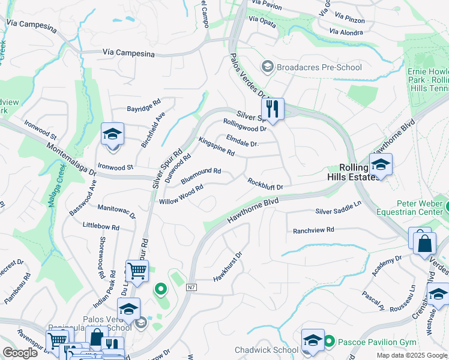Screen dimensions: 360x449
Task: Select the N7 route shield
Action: (191, 288)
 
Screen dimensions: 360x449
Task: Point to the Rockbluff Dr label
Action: (265, 183)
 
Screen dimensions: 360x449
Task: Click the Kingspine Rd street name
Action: (216, 147)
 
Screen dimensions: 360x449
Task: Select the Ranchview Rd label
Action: (313, 230)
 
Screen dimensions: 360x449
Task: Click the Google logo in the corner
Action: (20, 353)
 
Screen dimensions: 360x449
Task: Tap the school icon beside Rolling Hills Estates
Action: (380, 164)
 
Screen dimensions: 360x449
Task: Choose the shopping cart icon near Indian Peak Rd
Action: (137, 271)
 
